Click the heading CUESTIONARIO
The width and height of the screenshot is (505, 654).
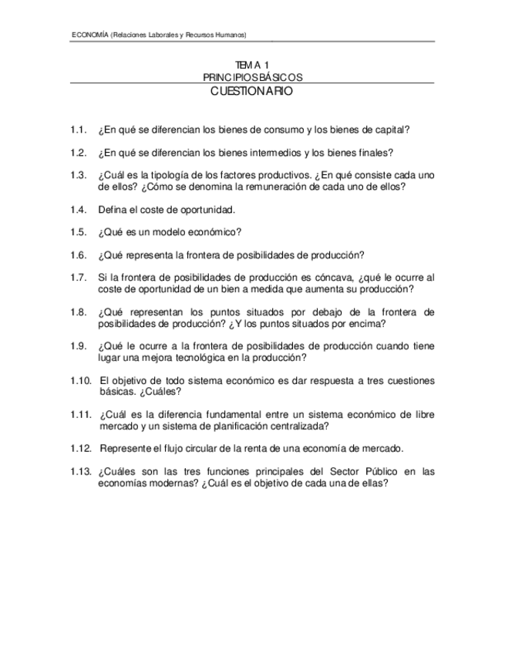click(251, 91)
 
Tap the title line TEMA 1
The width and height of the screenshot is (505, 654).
click(251, 66)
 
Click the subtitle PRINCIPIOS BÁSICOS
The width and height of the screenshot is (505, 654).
click(251, 77)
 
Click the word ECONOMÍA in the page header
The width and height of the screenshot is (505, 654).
click(89, 35)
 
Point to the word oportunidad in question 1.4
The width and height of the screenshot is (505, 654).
click(203, 210)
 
